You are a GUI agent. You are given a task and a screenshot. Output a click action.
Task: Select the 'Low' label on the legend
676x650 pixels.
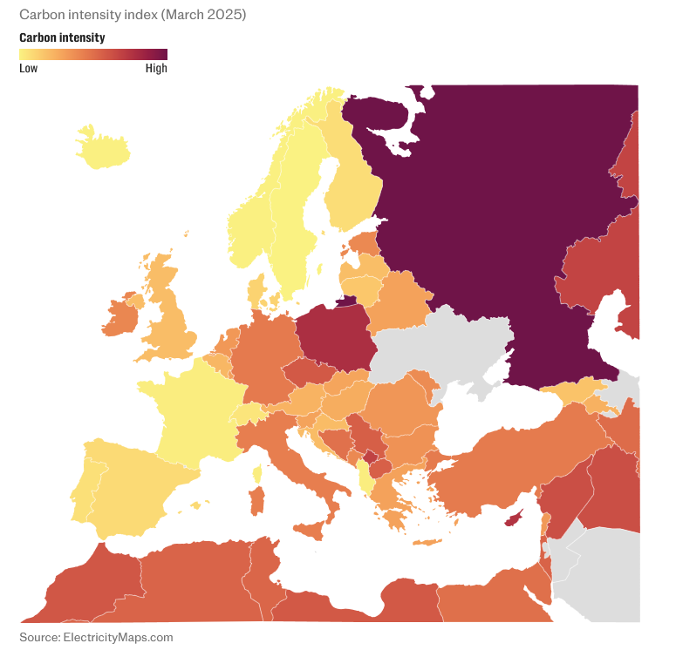pyautogui.click(x=28, y=69)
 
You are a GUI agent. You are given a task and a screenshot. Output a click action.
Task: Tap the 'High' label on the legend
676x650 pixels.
pyautogui.click(x=156, y=69)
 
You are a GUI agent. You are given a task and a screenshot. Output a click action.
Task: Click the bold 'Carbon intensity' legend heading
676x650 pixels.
pyautogui.click(x=62, y=37)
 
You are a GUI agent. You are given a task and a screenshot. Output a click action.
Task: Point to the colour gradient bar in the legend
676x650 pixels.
pyautogui.click(x=92, y=54)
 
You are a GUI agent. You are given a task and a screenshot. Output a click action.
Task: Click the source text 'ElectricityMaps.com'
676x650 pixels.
pyautogui.click(x=96, y=637)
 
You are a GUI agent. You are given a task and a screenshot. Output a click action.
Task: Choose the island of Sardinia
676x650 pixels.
pyautogui.click(x=256, y=500)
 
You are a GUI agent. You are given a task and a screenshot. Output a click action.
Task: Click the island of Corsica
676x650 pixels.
pyautogui.click(x=257, y=474)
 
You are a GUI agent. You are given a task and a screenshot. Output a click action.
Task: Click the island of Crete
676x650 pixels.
pyautogui.click(x=427, y=543)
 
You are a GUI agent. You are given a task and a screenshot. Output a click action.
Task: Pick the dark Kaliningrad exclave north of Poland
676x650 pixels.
pyautogui.click(x=346, y=301)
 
